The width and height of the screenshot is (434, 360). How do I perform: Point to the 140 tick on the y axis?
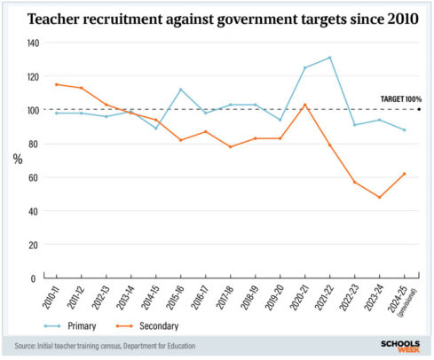click(32, 43)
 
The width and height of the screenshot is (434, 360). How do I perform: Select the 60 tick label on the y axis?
click(34, 177)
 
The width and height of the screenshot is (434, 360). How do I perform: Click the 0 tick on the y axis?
click(36, 278)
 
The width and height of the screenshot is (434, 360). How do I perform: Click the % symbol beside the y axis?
click(17, 160)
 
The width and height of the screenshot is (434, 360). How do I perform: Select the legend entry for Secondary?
click(165, 325)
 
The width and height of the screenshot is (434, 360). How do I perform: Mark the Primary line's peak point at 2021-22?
click(330, 58)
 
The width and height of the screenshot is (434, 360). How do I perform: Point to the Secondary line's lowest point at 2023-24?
click(380, 197)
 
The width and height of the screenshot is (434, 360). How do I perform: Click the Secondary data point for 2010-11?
click(56, 84)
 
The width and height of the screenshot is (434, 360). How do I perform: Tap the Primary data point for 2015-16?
click(180, 90)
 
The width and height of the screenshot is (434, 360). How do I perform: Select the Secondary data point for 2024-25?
click(405, 174)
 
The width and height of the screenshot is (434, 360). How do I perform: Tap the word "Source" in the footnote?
click(28, 346)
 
